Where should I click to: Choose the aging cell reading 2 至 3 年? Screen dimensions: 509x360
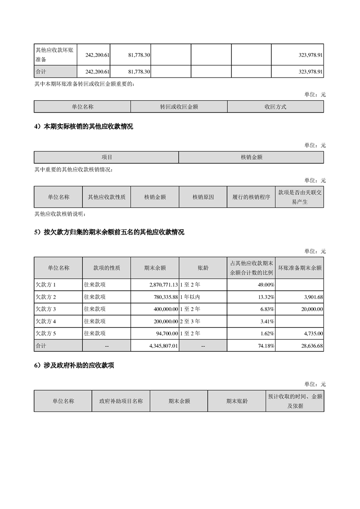[x=190, y=321]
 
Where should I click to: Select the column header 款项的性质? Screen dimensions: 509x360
[x=107, y=268]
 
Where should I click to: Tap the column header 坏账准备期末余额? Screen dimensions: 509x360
[x=300, y=268]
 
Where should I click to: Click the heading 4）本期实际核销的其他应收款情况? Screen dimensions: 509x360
[x=84, y=127]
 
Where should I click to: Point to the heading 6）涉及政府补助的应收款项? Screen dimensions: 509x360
[x=74, y=365]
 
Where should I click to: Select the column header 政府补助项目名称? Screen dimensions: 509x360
[x=121, y=401]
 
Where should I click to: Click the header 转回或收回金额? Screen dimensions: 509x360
[x=179, y=107]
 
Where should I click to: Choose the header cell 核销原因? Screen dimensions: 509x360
[x=203, y=197]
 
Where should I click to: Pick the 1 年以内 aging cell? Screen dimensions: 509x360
[x=190, y=297]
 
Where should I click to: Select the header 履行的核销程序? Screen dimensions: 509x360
[x=251, y=197]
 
